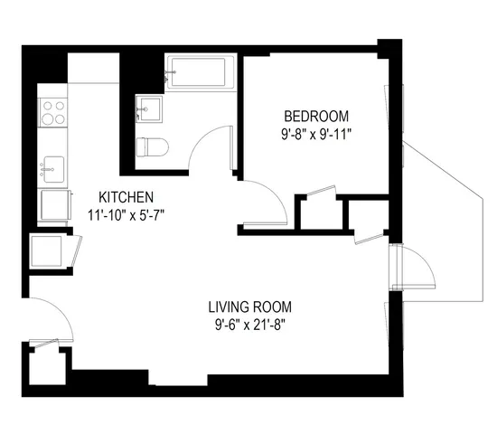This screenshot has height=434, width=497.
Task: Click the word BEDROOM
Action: coord(315,117)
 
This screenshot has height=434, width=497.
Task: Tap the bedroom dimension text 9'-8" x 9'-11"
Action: coord(316,134)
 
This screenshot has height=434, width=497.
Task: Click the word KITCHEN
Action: coord(126,197)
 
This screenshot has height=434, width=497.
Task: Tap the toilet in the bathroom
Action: coord(153,146)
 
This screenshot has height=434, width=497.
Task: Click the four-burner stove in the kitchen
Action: coord(52,111)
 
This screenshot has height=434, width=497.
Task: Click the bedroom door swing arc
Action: coord(267,201)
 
